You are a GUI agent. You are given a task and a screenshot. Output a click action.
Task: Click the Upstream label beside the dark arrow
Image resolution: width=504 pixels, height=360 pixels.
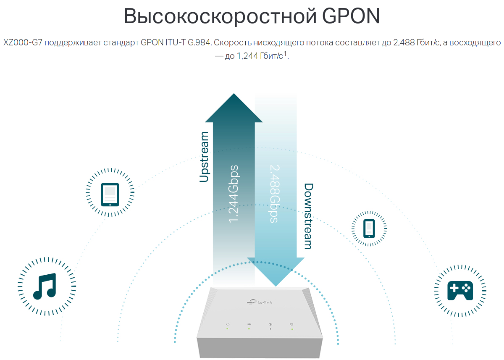tap(204, 157)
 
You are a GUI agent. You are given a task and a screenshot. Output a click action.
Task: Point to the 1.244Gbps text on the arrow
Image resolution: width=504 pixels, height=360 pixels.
tap(234, 193)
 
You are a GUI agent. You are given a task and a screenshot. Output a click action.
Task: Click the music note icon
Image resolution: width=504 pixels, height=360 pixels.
tap(44, 286)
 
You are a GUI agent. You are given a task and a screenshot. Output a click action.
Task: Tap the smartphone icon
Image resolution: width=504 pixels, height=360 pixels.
tap(369, 228)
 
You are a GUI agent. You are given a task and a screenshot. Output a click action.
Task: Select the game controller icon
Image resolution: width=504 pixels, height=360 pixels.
tap(460, 290)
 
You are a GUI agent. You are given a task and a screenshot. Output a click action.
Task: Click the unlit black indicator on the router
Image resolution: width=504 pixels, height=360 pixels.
tap(270, 328)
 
